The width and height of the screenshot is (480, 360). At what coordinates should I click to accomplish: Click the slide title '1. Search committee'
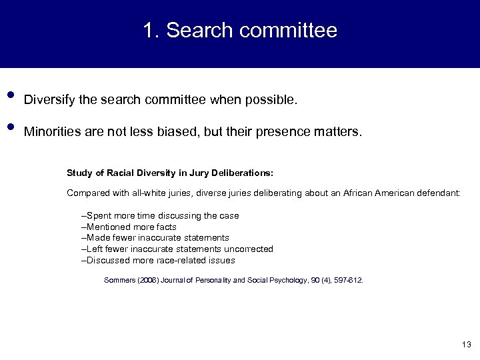240,31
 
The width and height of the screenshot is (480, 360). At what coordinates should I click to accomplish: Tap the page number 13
466,344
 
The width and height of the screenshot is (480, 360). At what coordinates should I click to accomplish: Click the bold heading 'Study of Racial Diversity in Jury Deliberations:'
169,173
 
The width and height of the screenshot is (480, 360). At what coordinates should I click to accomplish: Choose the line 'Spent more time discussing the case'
161,216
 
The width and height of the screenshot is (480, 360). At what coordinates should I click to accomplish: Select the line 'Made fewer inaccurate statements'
156,237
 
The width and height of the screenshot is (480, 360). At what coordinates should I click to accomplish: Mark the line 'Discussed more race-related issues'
159,260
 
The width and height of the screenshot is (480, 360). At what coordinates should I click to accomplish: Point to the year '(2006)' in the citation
149,281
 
